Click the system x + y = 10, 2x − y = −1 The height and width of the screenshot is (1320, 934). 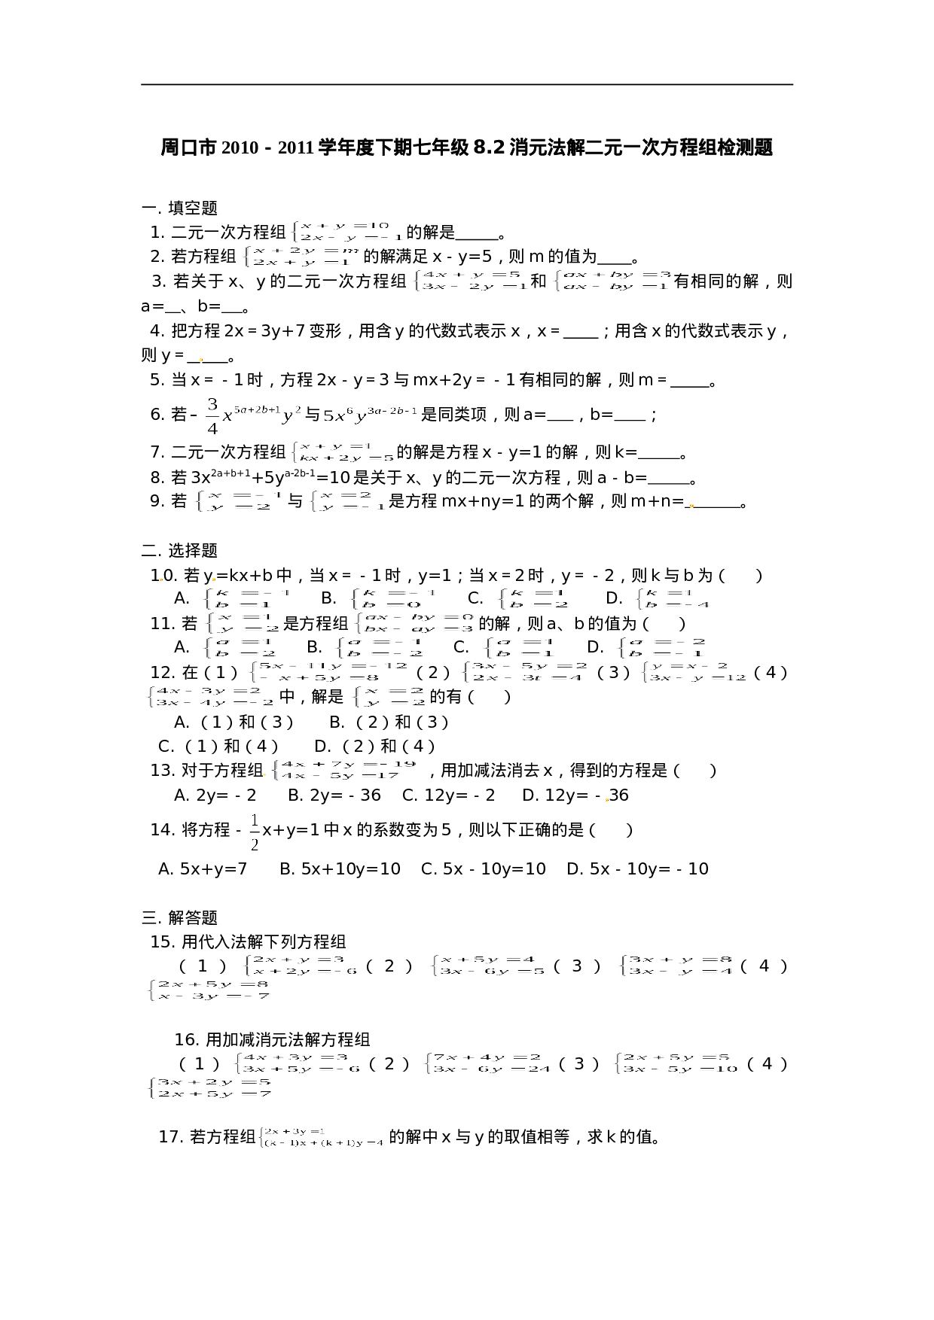pos(346,232)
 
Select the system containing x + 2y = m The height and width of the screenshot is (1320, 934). pos(299,257)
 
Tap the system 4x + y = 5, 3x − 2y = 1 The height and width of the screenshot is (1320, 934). pos(469,281)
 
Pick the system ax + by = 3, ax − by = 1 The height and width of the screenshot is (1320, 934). pos(610,281)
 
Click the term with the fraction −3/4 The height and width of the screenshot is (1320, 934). pos(246,415)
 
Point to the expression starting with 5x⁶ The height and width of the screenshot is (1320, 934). pos(371,415)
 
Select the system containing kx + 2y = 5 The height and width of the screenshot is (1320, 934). pos(340,452)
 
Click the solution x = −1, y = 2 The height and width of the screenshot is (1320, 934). pos(237,501)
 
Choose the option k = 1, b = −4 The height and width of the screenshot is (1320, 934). pos(671,599)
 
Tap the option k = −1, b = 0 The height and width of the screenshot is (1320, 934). pos(392,599)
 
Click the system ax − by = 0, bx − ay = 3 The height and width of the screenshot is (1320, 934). pos(413,623)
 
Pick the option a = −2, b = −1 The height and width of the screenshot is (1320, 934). pos(659,648)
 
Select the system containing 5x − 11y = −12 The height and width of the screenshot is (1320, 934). pos(327,672)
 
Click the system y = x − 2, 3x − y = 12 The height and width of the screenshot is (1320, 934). pos(692,672)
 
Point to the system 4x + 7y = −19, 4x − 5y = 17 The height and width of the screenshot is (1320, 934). pos(344,770)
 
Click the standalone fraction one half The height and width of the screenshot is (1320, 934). pos(255,832)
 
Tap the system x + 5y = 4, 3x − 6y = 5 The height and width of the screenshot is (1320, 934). pos(487,966)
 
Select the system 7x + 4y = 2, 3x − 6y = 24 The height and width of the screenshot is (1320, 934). pos(486,1063)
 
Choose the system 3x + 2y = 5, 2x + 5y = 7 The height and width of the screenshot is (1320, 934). pos(208,1088)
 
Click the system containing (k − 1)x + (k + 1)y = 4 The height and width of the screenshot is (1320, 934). pos(322,1137)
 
